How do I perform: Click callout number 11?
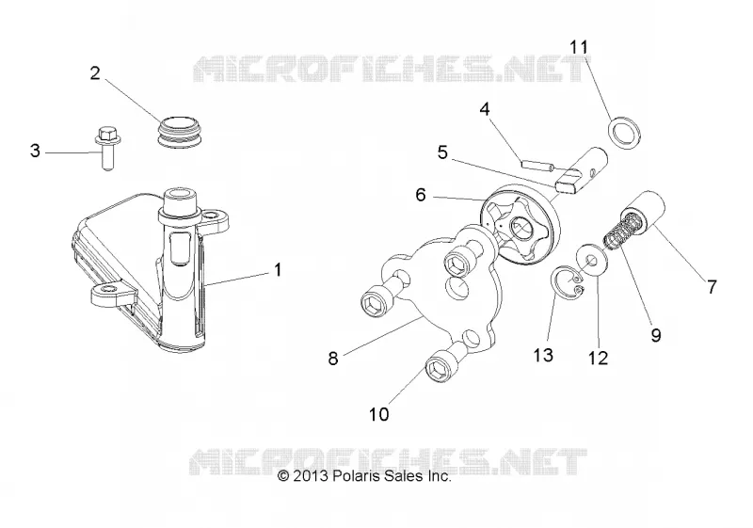pyautogui.click(x=579, y=47)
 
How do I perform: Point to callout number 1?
pyautogui.click(x=278, y=270)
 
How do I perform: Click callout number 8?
pyautogui.click(x=333, y=358)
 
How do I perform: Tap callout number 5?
pyautogui.click(x=442, y=152)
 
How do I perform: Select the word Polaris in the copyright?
pyautogui.click(x=353, y=475)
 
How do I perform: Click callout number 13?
pyautogui.click(x=543, y=355)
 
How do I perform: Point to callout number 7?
pyautogui.click(x=712, y=287)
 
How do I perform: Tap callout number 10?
pyautogui.click(x=379, y=414)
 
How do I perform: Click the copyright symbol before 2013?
pyautogui.click(x=283, y=476)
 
